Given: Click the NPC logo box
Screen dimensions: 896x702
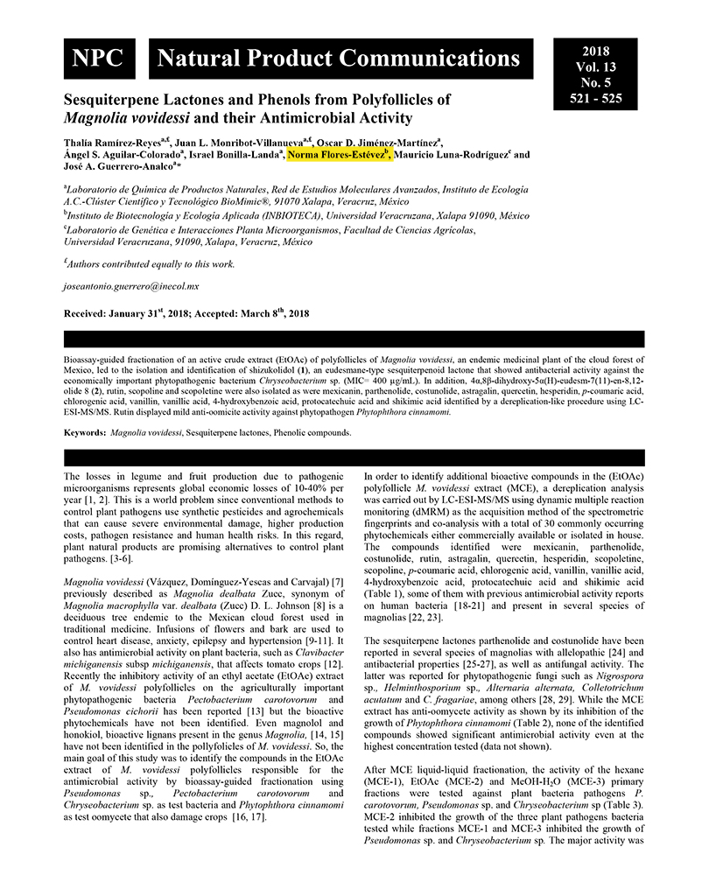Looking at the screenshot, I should point(99,59).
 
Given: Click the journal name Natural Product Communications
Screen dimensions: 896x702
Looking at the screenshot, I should point(338,59).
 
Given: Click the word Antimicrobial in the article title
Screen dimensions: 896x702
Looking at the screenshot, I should point(312,117).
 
